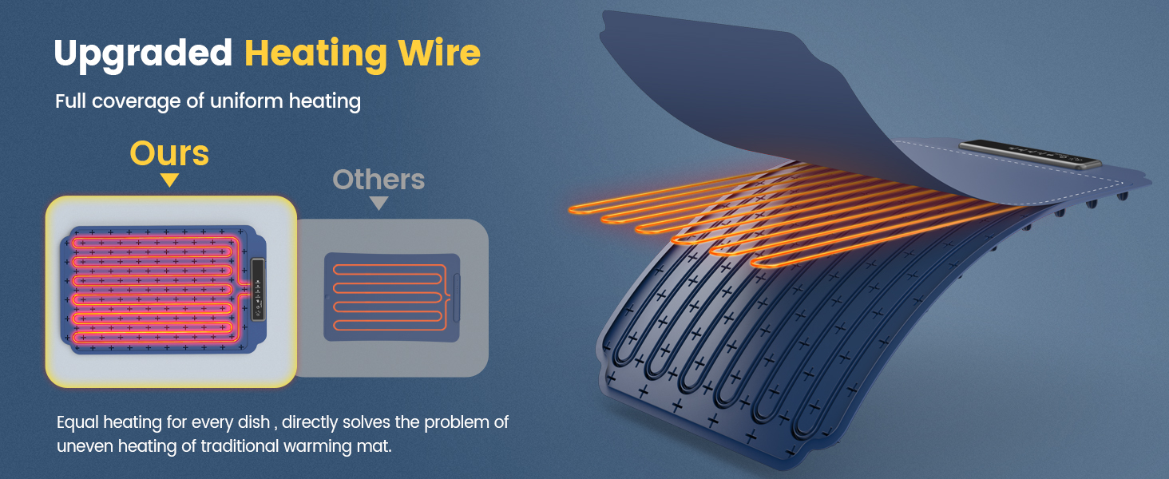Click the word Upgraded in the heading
tap(143, 53)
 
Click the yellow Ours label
tap(169, 152)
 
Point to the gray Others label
tap(378, 180)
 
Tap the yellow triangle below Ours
tap(169, 180)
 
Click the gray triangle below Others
tap(378, 204)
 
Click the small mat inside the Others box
tap(390, 297)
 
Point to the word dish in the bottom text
tap(256, 422)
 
